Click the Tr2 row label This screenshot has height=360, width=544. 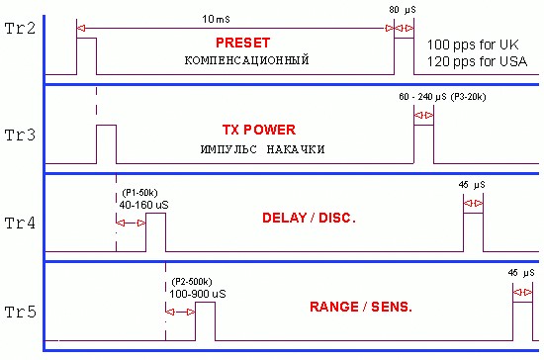[20, 29]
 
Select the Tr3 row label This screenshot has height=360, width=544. [20, 135]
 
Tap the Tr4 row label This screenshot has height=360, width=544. [20, 223]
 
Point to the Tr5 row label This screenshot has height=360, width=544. [21, 312]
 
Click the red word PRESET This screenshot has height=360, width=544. [243, 43]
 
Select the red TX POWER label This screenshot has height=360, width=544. [259, 130]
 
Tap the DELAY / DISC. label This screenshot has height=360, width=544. [309, 218]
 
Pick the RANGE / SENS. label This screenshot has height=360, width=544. [361, 307]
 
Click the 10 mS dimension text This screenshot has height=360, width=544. [216, 19]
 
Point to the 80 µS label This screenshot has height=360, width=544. [403, 10]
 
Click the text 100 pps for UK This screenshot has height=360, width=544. [473, 45]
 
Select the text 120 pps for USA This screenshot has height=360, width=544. [477, 61]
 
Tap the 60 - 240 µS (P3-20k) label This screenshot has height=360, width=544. [442, 97]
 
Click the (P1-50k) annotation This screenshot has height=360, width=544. [139, 193]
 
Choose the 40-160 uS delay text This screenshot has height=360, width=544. [144, 205]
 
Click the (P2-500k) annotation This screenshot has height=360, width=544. [192, 282]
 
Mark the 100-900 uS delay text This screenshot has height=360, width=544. [198, 294]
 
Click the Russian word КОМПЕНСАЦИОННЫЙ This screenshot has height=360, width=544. [246, 60]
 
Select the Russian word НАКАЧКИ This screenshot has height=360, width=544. [296, 149]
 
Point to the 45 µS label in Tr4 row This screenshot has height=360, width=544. [472, 185]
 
